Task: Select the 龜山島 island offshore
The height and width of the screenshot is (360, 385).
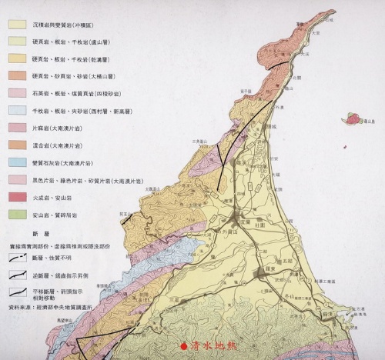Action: [354, 118]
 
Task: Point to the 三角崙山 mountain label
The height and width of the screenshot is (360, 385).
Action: [202, 142]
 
